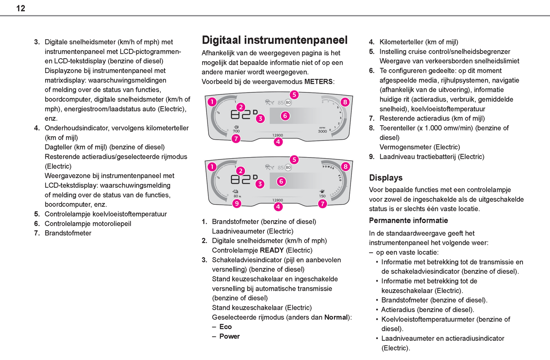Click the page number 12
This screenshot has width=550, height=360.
click(x=21, y=8)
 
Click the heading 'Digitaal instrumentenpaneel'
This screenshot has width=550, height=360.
click(x=274, y=40)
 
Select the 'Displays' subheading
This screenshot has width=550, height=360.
click(x=386, y=178)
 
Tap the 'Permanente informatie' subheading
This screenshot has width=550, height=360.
click(x=408, y=220)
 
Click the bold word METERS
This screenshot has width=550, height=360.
click(x=318, y=81)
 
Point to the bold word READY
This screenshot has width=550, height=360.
click(x=271, y=250)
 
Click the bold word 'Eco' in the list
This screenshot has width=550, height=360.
click(x=225, y=327)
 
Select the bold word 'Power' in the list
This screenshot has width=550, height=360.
click(x=230, y=336)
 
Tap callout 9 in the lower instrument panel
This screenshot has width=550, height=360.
click(x=237, y=204)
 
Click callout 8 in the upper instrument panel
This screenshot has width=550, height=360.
click(x=345, y=102)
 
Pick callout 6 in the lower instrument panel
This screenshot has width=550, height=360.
click(x=281, y=182)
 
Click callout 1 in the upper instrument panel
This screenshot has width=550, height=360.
click(x=212, y=102)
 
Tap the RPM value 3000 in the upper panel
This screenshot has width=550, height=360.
click(x=322, y=131)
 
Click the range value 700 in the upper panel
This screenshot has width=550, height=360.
click(x=236, y=131)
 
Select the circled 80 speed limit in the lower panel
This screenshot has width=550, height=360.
click(x=288, y=167)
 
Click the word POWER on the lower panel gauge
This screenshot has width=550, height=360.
click(x=328, y=167)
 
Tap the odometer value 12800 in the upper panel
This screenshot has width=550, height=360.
click(x=277, y=135)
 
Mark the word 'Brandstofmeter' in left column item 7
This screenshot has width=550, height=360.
click(x=68, y=233)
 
